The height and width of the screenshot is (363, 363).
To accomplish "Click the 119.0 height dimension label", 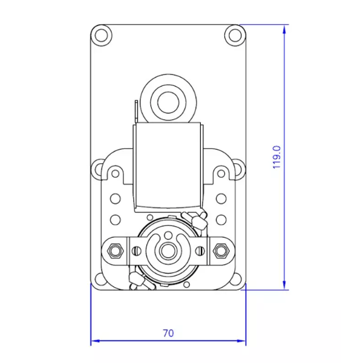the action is (x=277, y=157).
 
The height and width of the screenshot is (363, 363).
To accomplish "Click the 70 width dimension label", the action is (x=168, y=333).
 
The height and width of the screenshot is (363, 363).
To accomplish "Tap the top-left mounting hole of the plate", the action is (x=102, y=35).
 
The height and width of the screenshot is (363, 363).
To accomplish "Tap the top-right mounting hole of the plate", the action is (x=235, y=35).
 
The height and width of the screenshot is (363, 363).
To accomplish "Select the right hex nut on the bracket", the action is (x=221, y=250).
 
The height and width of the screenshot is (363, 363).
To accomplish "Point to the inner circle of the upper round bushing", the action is (x=168, y=102).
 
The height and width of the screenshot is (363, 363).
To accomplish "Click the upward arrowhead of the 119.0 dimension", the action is (x=284, y=30).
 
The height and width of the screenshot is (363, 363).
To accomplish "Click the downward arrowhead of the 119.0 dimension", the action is (x=284, y=284).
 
